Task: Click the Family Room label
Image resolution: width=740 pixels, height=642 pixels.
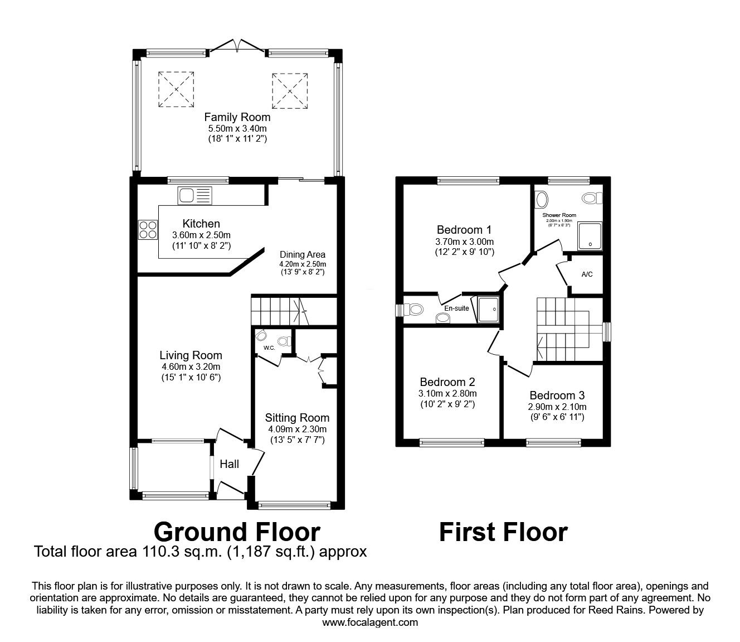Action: point(237,117)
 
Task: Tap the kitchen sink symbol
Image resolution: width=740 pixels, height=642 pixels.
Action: point(194,195)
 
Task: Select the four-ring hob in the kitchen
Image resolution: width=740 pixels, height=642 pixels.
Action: point(148,230)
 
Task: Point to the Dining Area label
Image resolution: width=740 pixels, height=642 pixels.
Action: point(303,254)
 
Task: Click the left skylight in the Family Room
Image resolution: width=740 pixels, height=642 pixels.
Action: point(177,89)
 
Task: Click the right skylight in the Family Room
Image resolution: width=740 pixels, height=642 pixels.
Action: point(290,90)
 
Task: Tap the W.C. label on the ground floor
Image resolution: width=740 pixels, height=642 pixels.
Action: point(269,348)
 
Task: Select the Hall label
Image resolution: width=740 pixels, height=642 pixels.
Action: point(229,464)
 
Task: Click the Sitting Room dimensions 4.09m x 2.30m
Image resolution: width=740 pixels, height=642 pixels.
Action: point(297,429)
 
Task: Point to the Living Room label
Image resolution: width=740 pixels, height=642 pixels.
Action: point(191,355)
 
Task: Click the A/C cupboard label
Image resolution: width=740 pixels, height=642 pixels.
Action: point(587,274)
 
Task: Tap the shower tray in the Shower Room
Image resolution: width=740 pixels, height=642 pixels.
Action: point(590,236)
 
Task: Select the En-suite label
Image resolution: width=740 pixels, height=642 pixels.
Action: point(456,308)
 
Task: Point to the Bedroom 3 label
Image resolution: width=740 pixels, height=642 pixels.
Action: point(557,395)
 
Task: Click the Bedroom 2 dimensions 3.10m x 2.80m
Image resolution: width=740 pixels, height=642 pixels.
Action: point(447,394)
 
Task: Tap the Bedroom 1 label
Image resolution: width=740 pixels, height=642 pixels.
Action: point(464,230)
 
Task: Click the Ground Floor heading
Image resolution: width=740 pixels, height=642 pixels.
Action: point(237,532)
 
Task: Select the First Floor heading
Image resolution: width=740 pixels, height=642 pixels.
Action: point(503,532)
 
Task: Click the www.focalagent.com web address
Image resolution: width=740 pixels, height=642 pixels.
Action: point(370,622)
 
